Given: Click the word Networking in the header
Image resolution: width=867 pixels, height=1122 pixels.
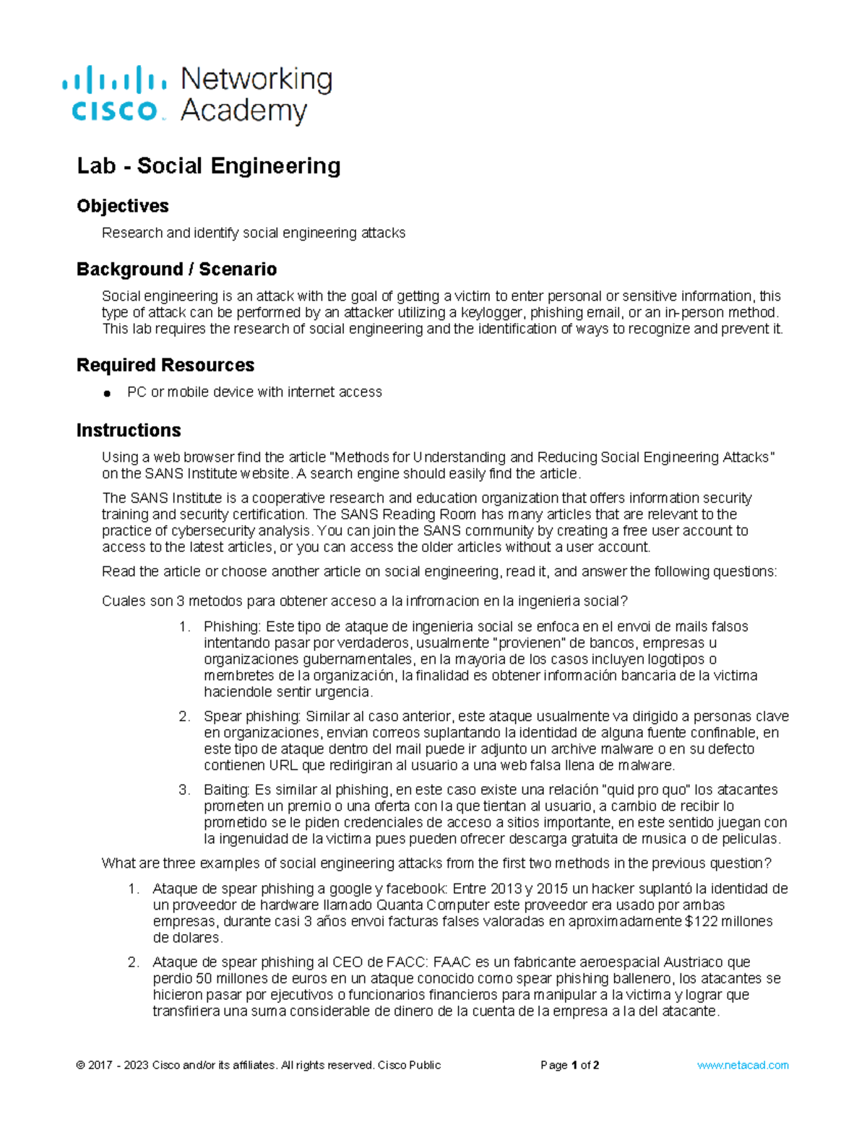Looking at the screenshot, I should click(256, 79).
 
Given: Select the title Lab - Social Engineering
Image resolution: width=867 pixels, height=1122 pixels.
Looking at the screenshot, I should click(208, 165).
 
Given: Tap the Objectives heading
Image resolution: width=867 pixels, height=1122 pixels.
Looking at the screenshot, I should click(122, 206).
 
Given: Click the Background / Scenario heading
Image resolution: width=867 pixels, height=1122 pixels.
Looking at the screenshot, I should click(176, 269).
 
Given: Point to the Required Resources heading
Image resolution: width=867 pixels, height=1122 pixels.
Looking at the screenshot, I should click(165, 365).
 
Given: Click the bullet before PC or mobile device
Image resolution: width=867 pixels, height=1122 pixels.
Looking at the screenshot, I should click(107, 393).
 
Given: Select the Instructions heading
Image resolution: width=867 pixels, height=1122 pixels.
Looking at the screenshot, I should click(128, 430).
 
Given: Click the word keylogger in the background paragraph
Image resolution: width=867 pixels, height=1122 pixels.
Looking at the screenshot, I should click(496, 312).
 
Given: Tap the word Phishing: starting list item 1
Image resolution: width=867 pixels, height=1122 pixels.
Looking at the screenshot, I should click(232, 626).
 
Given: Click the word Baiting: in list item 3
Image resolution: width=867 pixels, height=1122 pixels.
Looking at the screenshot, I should click(227, 790).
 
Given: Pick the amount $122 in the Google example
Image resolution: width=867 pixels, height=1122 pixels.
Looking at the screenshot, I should click(697, 921).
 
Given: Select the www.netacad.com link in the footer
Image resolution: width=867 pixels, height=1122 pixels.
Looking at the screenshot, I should click(742, 1065).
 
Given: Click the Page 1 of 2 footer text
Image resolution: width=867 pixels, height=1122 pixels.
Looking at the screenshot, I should click(569, 1065).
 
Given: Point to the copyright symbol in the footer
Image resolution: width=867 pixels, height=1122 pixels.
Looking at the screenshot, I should click(80, 1065).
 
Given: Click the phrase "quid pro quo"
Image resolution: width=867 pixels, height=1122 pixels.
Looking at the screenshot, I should click(646, 790).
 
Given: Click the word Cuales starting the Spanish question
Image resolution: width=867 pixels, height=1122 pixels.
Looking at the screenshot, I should click(123, 601).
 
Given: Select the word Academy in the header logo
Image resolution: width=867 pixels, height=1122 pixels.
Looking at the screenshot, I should click(243, 111).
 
